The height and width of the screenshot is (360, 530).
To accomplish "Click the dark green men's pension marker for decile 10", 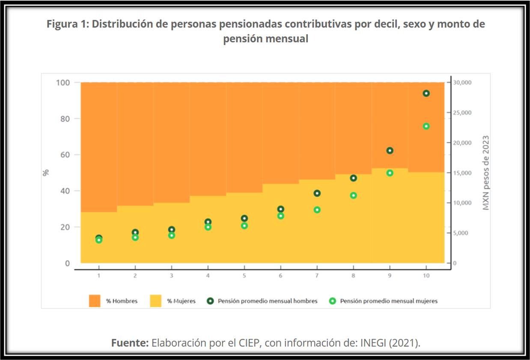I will coord(426,93).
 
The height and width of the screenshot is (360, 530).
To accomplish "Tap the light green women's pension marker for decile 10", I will coord(426,126).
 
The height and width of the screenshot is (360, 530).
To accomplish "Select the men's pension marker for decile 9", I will coord(390,151).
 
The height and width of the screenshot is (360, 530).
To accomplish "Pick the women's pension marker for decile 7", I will coord(317,210).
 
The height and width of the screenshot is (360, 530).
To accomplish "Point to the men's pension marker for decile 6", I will coord(281,209).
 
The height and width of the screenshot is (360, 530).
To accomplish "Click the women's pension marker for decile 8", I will coord(354,196).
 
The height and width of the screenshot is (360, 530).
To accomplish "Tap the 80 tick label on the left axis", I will coord(64,119).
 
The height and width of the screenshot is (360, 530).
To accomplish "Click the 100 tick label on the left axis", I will coord(63,82).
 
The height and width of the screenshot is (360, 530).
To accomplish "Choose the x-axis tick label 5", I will coord(244,276).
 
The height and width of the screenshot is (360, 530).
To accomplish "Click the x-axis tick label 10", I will coord(426,276).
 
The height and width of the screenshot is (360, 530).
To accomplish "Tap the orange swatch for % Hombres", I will coord(95,301).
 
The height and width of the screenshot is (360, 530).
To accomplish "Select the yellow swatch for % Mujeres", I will coord(155,301).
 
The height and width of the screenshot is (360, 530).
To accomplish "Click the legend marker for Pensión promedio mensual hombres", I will coord(210,301).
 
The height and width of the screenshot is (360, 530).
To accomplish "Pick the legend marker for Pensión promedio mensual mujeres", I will coord(333,301).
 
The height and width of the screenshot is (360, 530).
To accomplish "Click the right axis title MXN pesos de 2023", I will coord(486,173).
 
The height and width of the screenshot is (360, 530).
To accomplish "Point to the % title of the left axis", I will coord(46,173).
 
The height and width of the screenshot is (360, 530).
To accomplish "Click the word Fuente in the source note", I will coord(130,343).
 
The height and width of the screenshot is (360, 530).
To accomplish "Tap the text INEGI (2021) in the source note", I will coord(389,343).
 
